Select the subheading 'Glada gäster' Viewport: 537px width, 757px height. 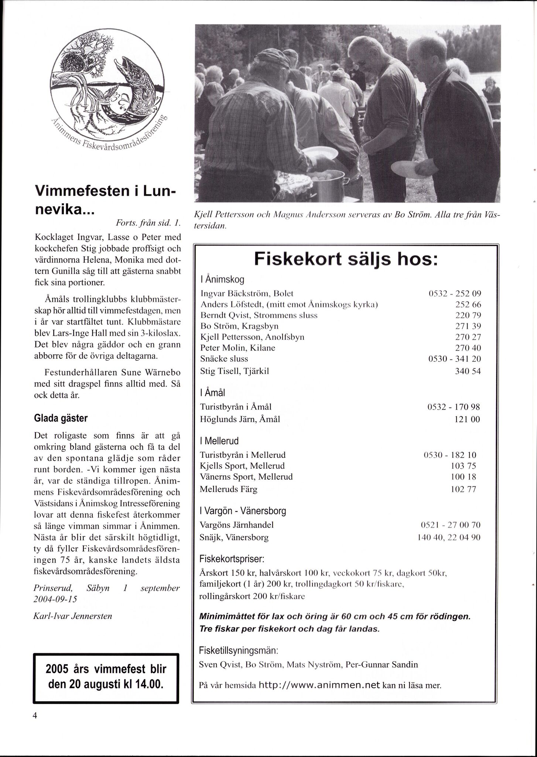point(61,418)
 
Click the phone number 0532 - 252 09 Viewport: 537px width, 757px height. point(455,294)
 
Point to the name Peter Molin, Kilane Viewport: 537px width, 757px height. point(237,348)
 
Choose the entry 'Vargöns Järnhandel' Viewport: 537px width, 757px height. point(237,525)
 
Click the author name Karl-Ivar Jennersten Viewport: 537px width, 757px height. point(72,616)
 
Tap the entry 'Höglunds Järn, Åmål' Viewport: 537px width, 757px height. point(240,419)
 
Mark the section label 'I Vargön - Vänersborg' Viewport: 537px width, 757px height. point(243,511)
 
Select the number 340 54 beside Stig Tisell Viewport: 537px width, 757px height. point(468,371)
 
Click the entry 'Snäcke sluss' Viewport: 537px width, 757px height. point(224,359)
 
